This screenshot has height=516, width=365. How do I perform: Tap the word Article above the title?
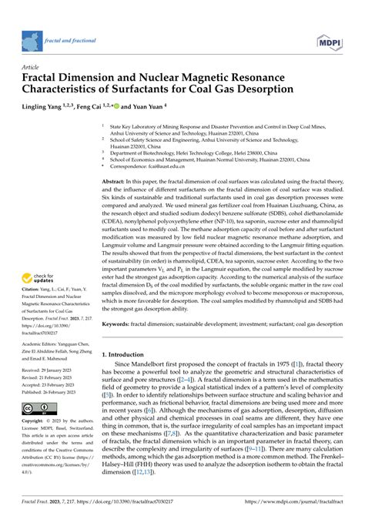click(32, 68)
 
